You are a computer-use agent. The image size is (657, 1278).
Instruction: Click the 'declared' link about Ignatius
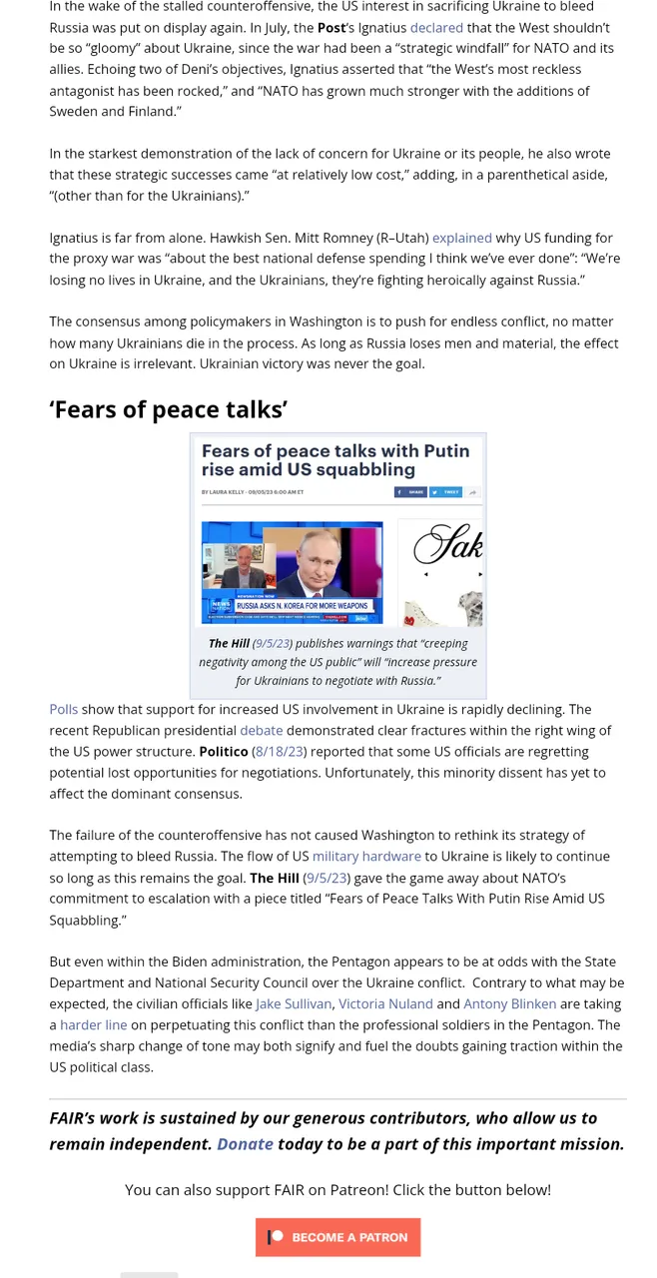click(x=436, y=27)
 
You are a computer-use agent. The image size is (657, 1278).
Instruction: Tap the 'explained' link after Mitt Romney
click(x=461, y=238)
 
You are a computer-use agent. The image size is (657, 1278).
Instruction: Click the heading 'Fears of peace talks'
click(x=169, y=409)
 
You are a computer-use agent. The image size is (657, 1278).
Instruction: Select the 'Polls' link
click(x=63, y=709)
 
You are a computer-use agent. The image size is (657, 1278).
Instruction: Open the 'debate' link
click(x=261, y=730)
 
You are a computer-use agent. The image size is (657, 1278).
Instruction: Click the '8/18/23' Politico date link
click(x=280, y=751)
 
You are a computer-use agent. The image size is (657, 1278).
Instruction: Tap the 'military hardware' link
click(x=366, y=856)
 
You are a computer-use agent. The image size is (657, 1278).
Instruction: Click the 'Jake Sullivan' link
click(x=294, y=1003)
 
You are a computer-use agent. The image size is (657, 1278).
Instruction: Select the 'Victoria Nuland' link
click(x=385, y=1003)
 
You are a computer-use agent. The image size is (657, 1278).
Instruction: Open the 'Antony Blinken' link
click(x=509, y=1003)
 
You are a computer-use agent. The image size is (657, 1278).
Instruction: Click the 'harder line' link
click(x=94, y=1024)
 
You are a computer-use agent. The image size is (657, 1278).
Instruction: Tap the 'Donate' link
click(x=245, y=1144)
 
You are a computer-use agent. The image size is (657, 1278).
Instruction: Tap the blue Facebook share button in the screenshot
click(x=410, y=492)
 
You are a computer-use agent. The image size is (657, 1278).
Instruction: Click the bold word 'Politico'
click(x=223, y=751)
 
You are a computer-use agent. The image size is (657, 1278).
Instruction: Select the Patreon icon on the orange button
click(x=277, y=1236)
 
